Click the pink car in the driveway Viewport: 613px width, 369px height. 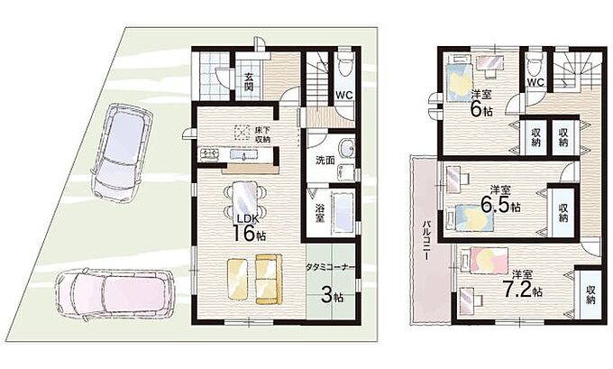pyautogui.click(x=115, y=292)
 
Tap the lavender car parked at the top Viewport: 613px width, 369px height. pyautogui.click(x=122, y=152)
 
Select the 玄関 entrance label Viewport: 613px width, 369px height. pyautogui.click(x=249, y=82)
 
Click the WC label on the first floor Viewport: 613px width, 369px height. pyautogui.click(x=344, y=95)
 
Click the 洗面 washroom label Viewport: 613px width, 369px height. pyautogui.click(x=325, y=160)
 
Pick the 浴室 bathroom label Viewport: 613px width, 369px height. pyautogui.click(x=320, y=213)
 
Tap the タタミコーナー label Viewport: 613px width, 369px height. pyautogui.click(x=331, y=267)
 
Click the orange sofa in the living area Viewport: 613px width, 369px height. pyautogui.click(x=269, y=279)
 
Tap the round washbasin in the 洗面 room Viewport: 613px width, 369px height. pyautogui.click(x=347, y=149)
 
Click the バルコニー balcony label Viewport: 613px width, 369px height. pyautogui.click(x=426, y=240)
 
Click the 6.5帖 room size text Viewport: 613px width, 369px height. pyautogui.click(x=501, y=205)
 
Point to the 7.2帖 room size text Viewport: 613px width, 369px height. pyautogui.click(x=522, y=289)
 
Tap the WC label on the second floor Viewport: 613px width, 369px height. pyautogui.click(x=535, y=82)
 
